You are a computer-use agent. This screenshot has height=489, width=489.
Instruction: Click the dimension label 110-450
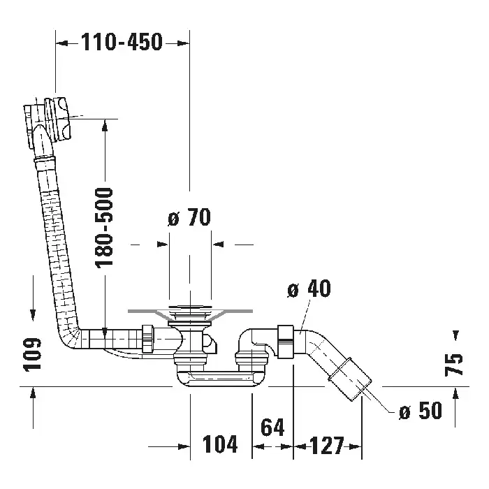pos(122,43)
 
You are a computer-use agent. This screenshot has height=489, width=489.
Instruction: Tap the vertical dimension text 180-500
pos(104,227)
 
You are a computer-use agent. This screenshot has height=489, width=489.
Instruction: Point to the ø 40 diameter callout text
pos(309,289)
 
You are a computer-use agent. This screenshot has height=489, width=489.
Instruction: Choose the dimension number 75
pos(455,364)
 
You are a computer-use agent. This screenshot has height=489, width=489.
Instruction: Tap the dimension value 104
pos(220,444)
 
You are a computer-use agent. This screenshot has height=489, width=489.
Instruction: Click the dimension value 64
pos(273,428)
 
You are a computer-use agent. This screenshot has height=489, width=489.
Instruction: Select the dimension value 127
pos(327,444)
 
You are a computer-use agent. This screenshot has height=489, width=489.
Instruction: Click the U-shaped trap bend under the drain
pos(217,377)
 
